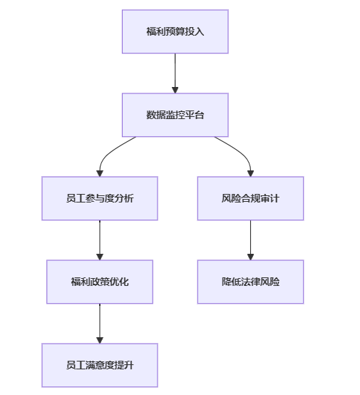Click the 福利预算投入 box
(175, 31)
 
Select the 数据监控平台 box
(175, 115)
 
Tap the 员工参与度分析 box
(100, 198)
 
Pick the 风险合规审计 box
(250, 198)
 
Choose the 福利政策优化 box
(100, 282)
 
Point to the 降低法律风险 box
(250, 282)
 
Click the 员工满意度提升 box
(100, 365)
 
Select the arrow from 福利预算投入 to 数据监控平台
(175, 73)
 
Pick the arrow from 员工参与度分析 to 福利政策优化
(100, 240)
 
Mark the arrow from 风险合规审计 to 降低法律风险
(250, 240)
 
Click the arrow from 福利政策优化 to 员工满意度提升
(100, 324)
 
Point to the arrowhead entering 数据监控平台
(175, 90)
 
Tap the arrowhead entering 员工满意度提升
(100, 340)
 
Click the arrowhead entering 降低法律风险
(250, 257)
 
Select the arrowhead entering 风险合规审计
(250, 173)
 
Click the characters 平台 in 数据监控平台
(194, 115)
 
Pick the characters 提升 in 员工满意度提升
(124, 365)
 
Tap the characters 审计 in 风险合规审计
(269, 198)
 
